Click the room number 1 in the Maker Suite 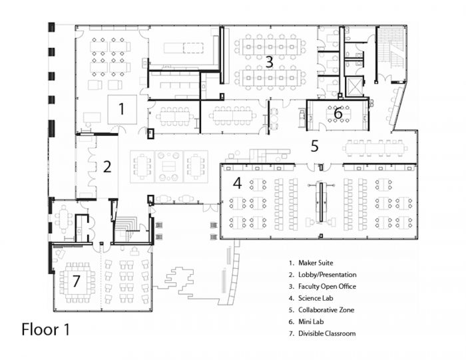121,108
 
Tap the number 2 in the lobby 107,166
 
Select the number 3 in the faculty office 269,62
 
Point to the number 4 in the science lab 237,183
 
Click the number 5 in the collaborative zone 315,146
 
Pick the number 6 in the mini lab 338,113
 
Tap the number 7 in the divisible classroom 77,281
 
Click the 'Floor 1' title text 46,329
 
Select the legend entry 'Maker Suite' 316,263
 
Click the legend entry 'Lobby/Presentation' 328,275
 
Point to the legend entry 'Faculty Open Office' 328,286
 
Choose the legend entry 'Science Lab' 316,298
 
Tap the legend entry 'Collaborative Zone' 326,310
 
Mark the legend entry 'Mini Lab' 311,321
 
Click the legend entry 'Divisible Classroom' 327,333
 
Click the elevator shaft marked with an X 354,86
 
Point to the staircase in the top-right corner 391,53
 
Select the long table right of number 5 375,148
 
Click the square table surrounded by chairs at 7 77,281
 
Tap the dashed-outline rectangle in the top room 193,47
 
